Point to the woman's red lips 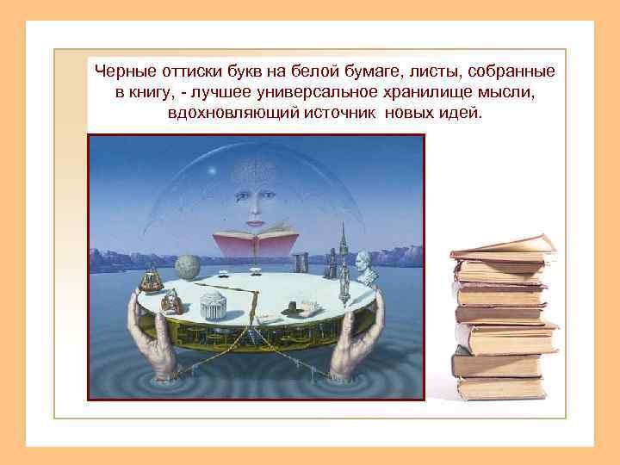coord(256,221)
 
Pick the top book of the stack coord(503,247)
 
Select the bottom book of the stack coord(500,388)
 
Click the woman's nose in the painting coord(256,207)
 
